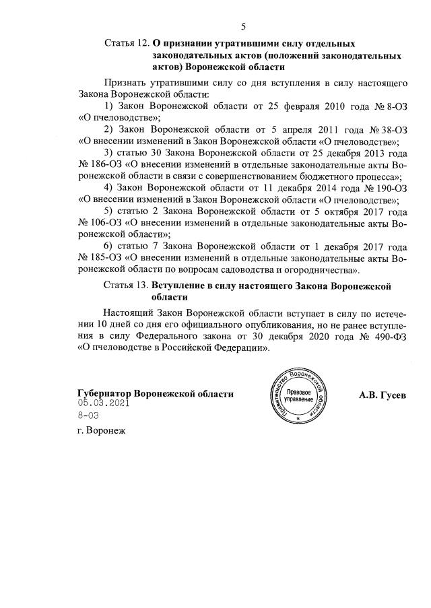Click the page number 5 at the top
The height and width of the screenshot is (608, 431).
[244, 27]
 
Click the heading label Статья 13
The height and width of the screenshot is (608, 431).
[127, 285]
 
